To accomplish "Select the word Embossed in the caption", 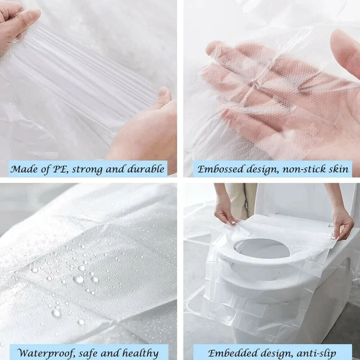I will coord(218,169).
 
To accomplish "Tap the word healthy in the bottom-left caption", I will coord(143,352).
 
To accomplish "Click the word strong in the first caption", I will coord(90,169).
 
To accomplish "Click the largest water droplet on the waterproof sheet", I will coord(78,279).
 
